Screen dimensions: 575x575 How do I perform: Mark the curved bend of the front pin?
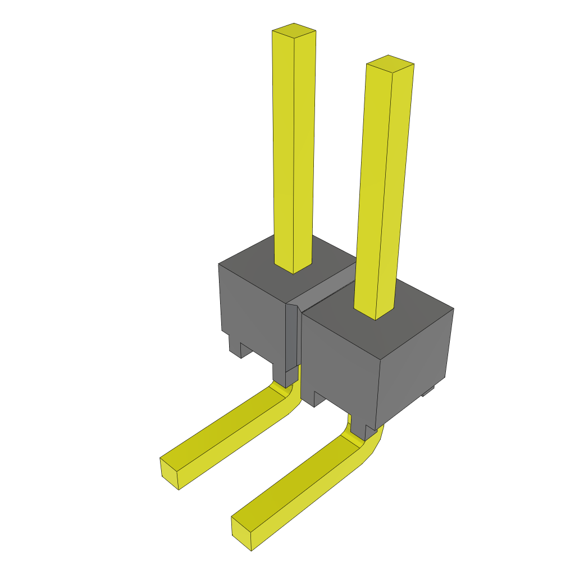[365, 446]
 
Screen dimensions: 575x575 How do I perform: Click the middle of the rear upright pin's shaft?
[293, 152]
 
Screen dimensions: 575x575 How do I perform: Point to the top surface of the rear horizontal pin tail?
[225, 430]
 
